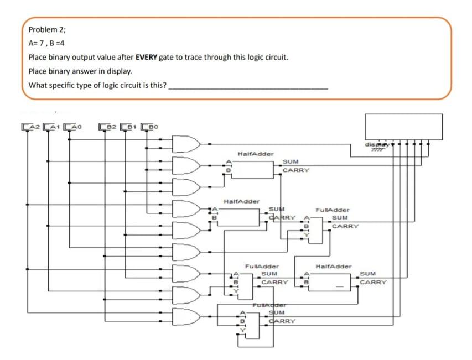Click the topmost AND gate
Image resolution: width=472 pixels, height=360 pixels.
click(185, 144)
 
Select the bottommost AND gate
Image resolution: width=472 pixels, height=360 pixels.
click(185, 317)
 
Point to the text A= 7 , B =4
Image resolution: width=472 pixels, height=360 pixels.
click(48, 44)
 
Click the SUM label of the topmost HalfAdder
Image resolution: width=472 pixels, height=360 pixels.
click(291, 161)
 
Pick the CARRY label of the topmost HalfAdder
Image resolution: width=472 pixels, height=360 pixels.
click(295, 170)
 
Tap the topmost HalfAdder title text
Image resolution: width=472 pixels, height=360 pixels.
click(255, 154)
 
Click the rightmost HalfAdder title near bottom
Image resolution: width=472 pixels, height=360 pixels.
click(333, 267)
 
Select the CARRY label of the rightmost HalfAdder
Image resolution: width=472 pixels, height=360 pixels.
click(373, 282)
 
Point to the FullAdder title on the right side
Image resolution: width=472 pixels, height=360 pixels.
click(332, 210)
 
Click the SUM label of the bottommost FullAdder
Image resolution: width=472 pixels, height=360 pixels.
click(276, 313)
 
